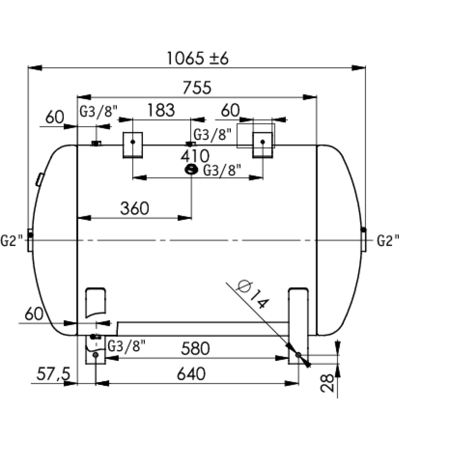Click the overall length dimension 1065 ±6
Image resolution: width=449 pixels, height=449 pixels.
pyautogui.click(x=197, y=58)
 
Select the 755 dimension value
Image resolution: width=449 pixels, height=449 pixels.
pyautogui.click(x=197, y=87)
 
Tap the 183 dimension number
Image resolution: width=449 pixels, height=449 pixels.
pyautogui.click(x=161, y=110)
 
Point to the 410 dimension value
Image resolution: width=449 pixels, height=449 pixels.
pyautogui.click(x=195, y=156)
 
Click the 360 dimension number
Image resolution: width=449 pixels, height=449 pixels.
pyautogui.click(x=135, y=208)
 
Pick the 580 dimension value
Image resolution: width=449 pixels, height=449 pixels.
pyautogui.click(x=195, y=349)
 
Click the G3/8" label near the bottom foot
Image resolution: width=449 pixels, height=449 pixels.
pyautogui.click(x=126, y=346)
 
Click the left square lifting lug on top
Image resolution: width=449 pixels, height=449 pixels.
pyautogui.click(x=133, y=145)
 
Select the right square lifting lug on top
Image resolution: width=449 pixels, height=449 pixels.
pyautogui.click(x=262, y=145)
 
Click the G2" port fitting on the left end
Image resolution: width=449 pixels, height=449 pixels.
pyautogui.click(x=30, y=240)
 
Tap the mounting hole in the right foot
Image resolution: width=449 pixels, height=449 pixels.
pyautogui.click(x=298, y=355)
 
